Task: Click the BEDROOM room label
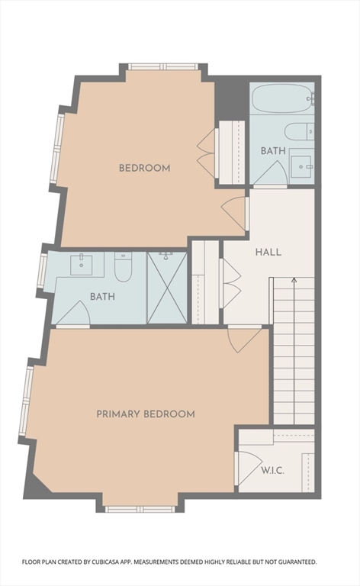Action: (x=144, y=168)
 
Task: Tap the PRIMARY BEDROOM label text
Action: (x=145, y=414)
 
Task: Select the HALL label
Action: (x=268, y=252)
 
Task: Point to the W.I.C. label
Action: (x=272, y=470)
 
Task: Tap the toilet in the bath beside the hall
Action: (x=300, y=130)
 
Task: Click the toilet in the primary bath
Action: (x=124, y=267)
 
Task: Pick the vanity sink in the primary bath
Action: (x=82, y=265)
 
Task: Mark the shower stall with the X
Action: (x=166, y=288)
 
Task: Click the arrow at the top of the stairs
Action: (x=293, y=282)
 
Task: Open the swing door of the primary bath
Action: (x=74, y=314)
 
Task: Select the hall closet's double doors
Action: (x=231, y=282)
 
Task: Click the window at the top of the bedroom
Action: (x=162, y=67)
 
